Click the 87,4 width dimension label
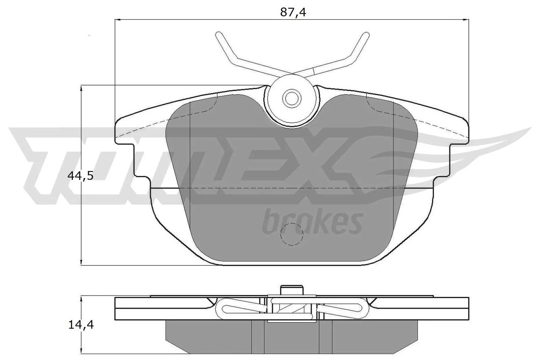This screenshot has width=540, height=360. (x=293, y=12)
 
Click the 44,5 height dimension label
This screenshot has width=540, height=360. (x=80, y=175)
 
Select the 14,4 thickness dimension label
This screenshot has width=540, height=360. (x=81, y=325)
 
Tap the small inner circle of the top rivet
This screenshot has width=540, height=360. (x=291, y=98)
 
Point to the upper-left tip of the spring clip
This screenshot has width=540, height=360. (x=218, y=35)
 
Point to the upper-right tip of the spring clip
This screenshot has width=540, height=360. (x=366, y=35)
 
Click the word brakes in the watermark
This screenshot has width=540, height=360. (x=312, y=222)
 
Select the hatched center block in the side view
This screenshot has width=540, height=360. (x=292, y=309)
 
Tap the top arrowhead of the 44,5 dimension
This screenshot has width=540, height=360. (x=81, y=88)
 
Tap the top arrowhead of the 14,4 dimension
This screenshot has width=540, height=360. (x=81, y=299)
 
